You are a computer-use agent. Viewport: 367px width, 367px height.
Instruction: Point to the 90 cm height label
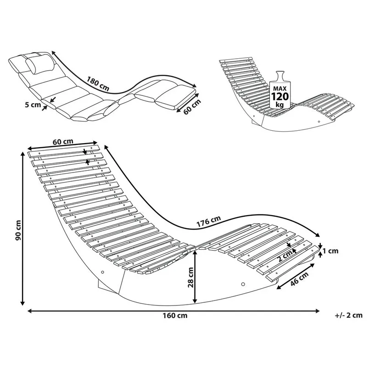click(x=17, y=231)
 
